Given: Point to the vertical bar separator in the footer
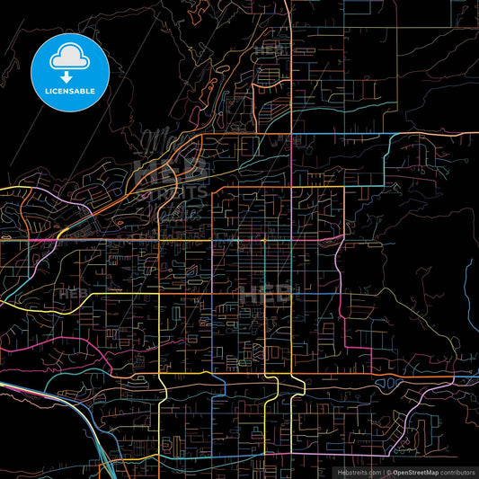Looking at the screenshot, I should pyautogui.click(x=385, y=472).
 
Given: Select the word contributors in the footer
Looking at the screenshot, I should pyautogui.click(x=456, y=472).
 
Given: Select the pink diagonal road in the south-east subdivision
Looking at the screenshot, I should pyautogui.click(x=418, y=412).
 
